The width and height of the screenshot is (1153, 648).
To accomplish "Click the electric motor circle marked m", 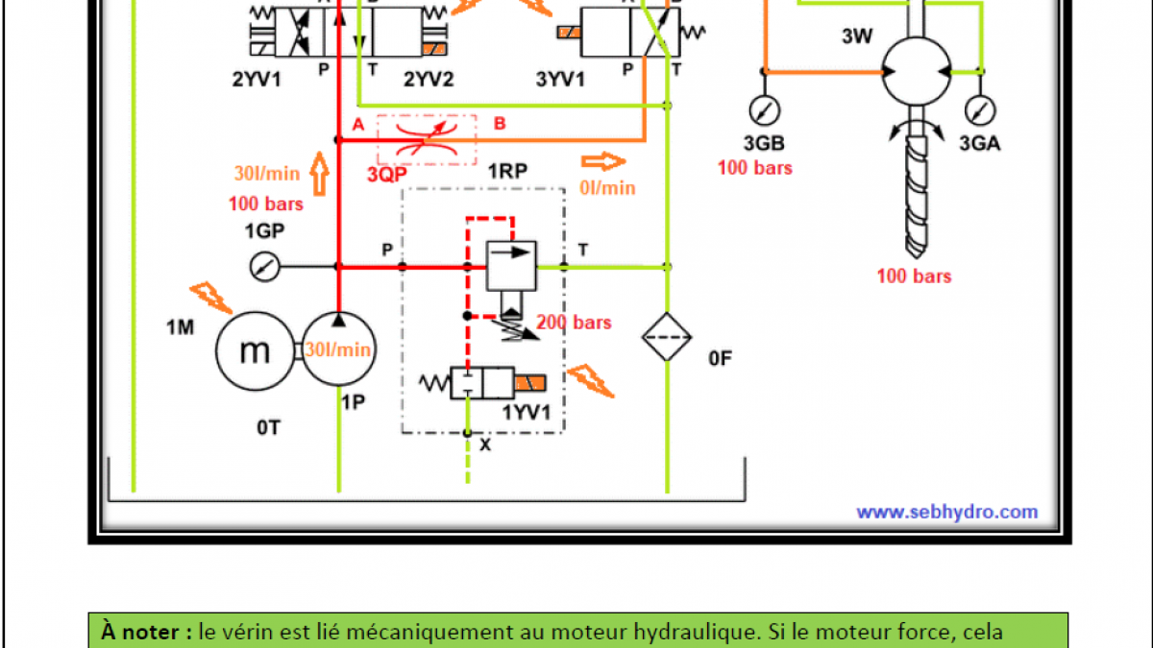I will coord(254,351).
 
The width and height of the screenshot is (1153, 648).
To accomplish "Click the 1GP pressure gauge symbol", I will coord(259,266).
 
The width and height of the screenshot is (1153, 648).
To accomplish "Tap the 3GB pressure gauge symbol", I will coord(765,108).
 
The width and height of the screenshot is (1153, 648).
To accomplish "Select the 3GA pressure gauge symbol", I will coord(980,108).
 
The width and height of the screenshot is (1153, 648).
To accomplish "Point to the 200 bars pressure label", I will coord(574,323).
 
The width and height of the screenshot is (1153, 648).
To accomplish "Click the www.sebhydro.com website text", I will coord(946,512).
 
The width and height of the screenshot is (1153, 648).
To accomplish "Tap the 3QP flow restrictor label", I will coord(386,175).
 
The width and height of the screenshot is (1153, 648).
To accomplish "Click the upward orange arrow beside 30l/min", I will coord(319,174).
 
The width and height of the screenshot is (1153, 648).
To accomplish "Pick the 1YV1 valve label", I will coord(527,414).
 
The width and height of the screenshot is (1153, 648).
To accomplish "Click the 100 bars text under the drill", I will coord(914,276).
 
